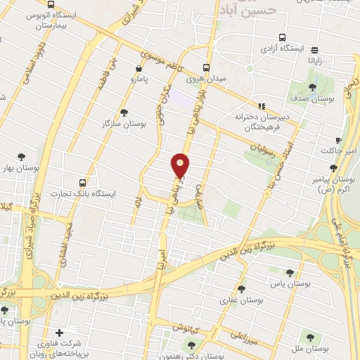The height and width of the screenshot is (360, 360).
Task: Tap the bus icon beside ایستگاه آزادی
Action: (x=282, y=38)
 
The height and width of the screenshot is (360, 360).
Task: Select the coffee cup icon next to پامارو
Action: (x=139, y=69)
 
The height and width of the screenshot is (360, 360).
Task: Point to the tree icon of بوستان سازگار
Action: (x=124, y=112)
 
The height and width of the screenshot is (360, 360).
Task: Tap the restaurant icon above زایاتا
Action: (x=314, y=50)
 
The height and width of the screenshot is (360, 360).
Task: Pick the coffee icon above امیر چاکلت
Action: (x=338, y=140)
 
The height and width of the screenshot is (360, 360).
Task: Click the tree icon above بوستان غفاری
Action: (x=241, y=289)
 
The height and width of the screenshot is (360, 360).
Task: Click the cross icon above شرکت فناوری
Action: (x=59, y=333)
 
